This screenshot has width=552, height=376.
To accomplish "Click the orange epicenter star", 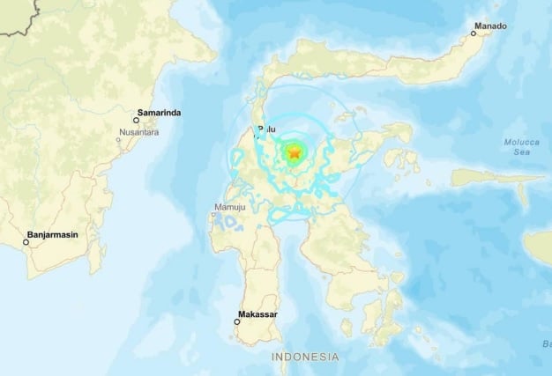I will tap(294, 154).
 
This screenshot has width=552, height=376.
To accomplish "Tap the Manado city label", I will tap(491, 26).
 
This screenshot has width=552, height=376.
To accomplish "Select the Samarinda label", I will tap(160, 114).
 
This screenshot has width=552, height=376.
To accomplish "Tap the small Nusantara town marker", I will tap(120, 139).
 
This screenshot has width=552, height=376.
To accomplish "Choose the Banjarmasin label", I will tap(62, 236).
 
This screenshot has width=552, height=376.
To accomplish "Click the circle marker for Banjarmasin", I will tap(27, 243).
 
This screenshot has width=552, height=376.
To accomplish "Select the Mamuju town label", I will tap(227, 208).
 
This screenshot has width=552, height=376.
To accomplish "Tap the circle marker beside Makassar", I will tap(236, 321).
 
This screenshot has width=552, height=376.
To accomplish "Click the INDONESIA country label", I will tap(305, 357).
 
